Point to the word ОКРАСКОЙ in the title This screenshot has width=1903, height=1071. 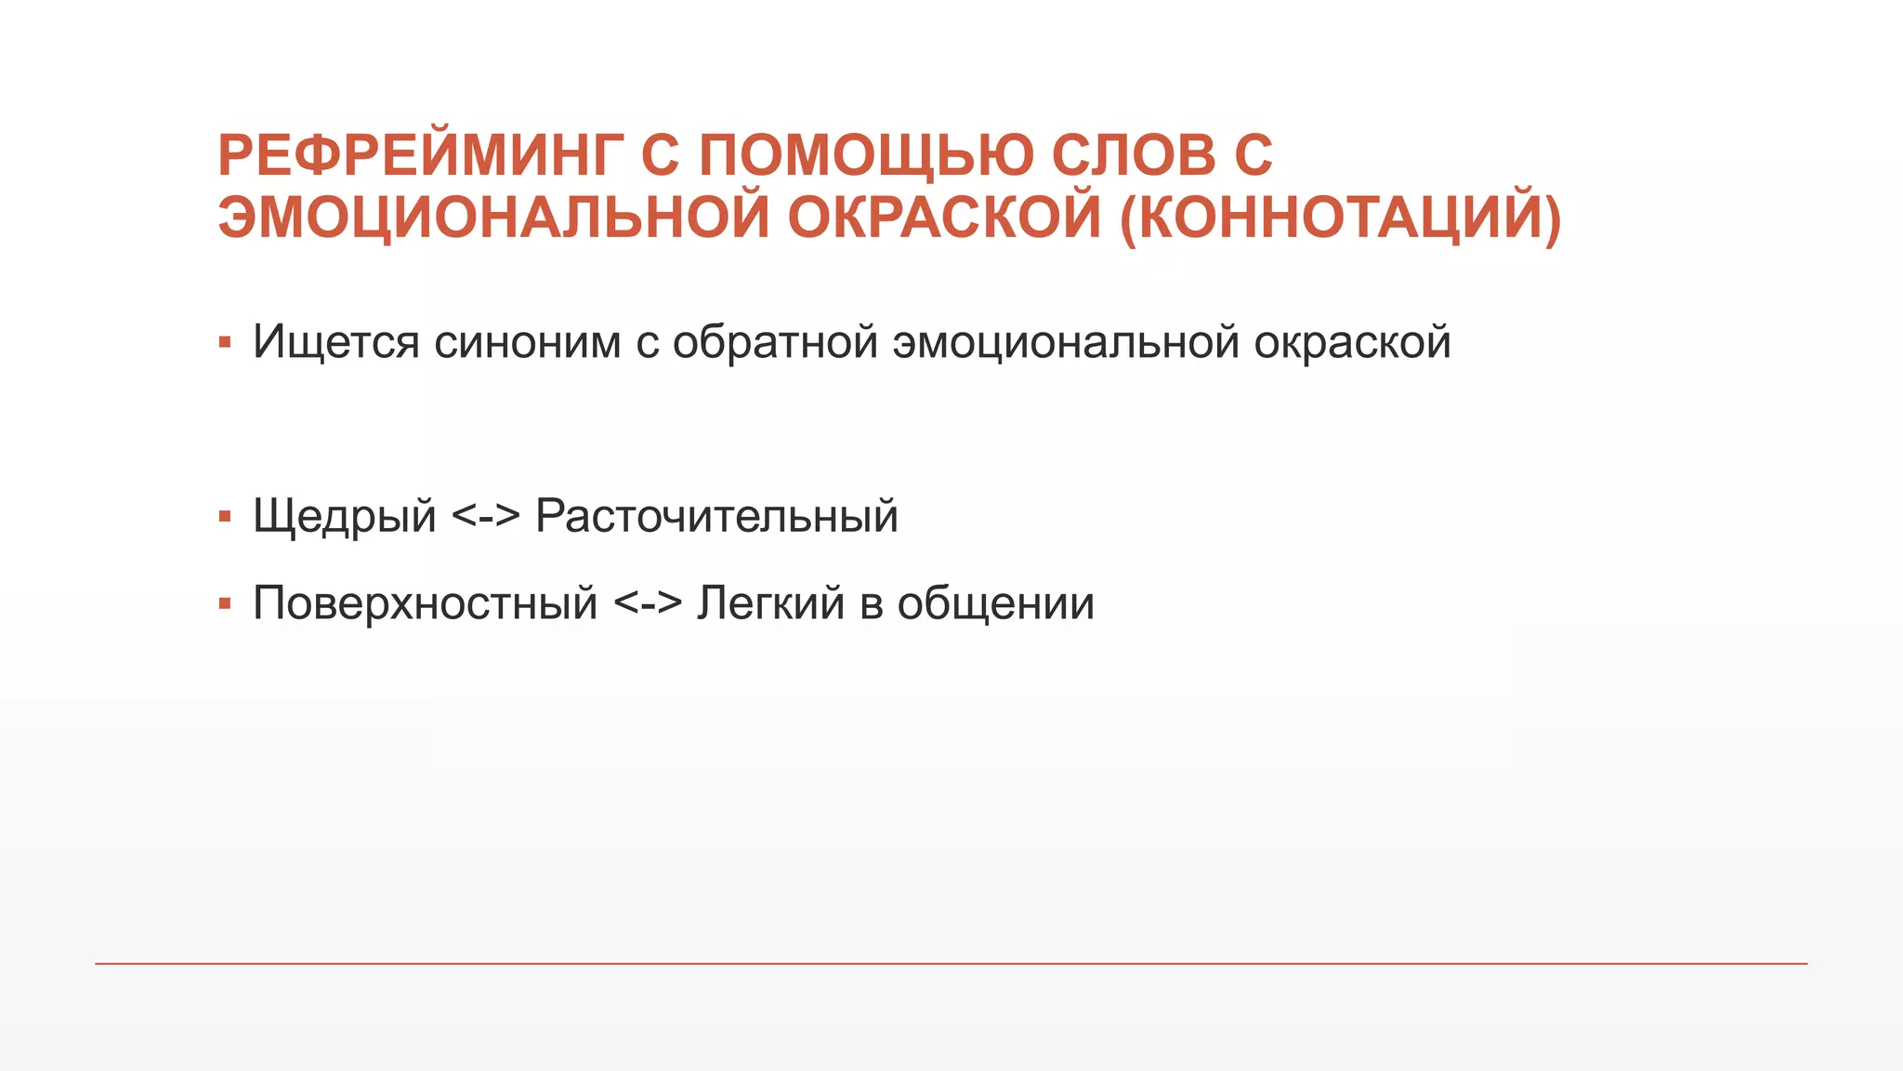[944, 218]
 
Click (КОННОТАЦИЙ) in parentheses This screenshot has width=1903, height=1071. [1341, 218]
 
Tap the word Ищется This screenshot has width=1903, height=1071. [336, 342]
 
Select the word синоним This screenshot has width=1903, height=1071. [527, 342]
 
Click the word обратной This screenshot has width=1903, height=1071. [775, 342]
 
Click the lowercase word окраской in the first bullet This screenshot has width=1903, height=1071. [1352, 342]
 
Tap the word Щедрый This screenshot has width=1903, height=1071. [344, 516]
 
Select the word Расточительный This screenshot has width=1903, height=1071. [716, 516]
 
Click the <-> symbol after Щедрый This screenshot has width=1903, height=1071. [485, 516]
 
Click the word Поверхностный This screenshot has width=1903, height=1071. [425, 603]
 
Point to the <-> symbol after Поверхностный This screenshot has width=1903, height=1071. [648, 603]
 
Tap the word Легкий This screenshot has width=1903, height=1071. [770, 603]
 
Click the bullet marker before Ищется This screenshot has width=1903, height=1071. [225, 343]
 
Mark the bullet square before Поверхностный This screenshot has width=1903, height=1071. [225, 604]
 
